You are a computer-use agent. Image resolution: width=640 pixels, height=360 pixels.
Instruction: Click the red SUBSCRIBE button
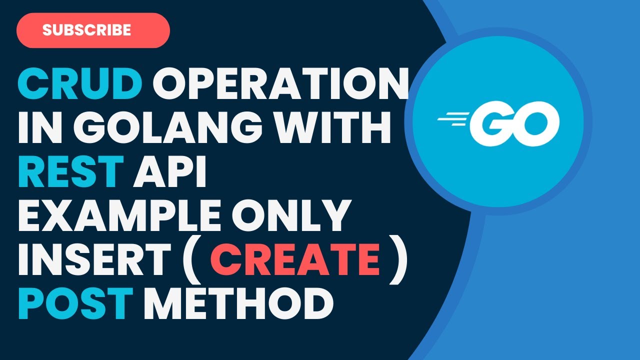[93, 30]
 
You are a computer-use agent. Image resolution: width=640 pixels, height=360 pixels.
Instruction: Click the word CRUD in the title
[80, 84]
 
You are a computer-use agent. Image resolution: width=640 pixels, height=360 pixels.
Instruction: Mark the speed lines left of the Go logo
[452, 119]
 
